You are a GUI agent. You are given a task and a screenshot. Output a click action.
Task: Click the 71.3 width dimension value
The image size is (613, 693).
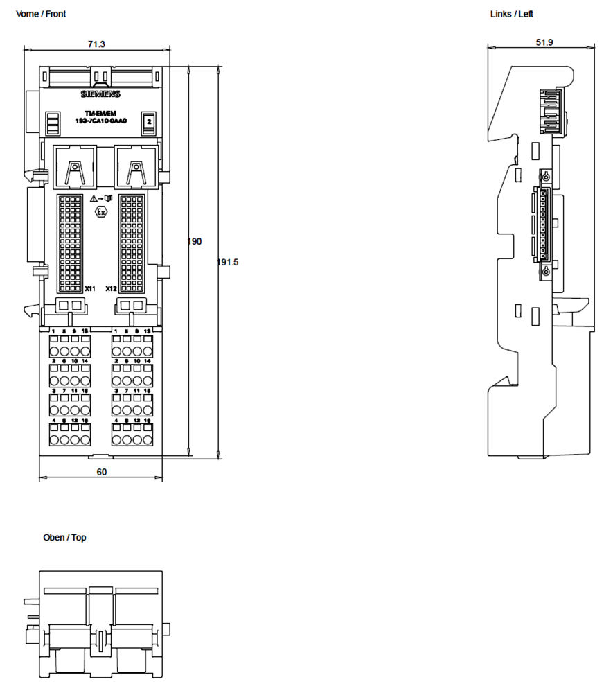pyautogui.click(x=96, y=44)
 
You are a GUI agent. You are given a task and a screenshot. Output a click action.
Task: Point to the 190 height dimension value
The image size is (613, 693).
pyautogui.click(x=195, y=241)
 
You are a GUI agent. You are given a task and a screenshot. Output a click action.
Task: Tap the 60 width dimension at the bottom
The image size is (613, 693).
pyautogui.click(x=101, y=472)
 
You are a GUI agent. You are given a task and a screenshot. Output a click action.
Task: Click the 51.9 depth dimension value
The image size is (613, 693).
pyautogui.click(x=544, y=42)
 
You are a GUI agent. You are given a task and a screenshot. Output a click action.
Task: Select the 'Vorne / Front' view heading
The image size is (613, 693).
pyautogui.click(x=41, y=14)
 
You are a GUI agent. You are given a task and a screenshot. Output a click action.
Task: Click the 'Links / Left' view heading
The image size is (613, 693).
pyautogui.click(x=512, y=14)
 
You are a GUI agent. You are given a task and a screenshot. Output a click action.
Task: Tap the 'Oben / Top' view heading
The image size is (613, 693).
pyautogui.click(x=64, y=538)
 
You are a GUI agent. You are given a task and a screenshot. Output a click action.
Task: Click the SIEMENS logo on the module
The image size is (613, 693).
pyautogui.click(x=101, y=94)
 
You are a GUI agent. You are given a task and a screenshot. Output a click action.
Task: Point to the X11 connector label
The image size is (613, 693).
pyautogui.click(x=89, y=288)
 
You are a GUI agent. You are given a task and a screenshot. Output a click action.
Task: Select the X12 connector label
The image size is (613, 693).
pyautogui.click(x=111, y=288)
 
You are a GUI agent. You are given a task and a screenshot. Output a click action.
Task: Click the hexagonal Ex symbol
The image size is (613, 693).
pyautogui.click(x=101, y=212)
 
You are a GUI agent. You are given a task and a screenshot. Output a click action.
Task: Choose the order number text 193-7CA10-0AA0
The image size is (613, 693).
pyautogui.click(x=101, y=122)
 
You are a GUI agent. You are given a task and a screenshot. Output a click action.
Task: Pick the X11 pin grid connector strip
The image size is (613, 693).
pyautogui.click(x=71, y=243)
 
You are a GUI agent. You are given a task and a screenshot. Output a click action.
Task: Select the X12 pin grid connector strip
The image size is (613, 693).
pyautogui.click(x=132, y=243)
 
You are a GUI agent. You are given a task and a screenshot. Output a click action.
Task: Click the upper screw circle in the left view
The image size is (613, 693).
pyautogui.click(x=546, y=175)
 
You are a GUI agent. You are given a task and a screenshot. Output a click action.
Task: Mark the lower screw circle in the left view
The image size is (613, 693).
pyautogui.click(x=546, y=271)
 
